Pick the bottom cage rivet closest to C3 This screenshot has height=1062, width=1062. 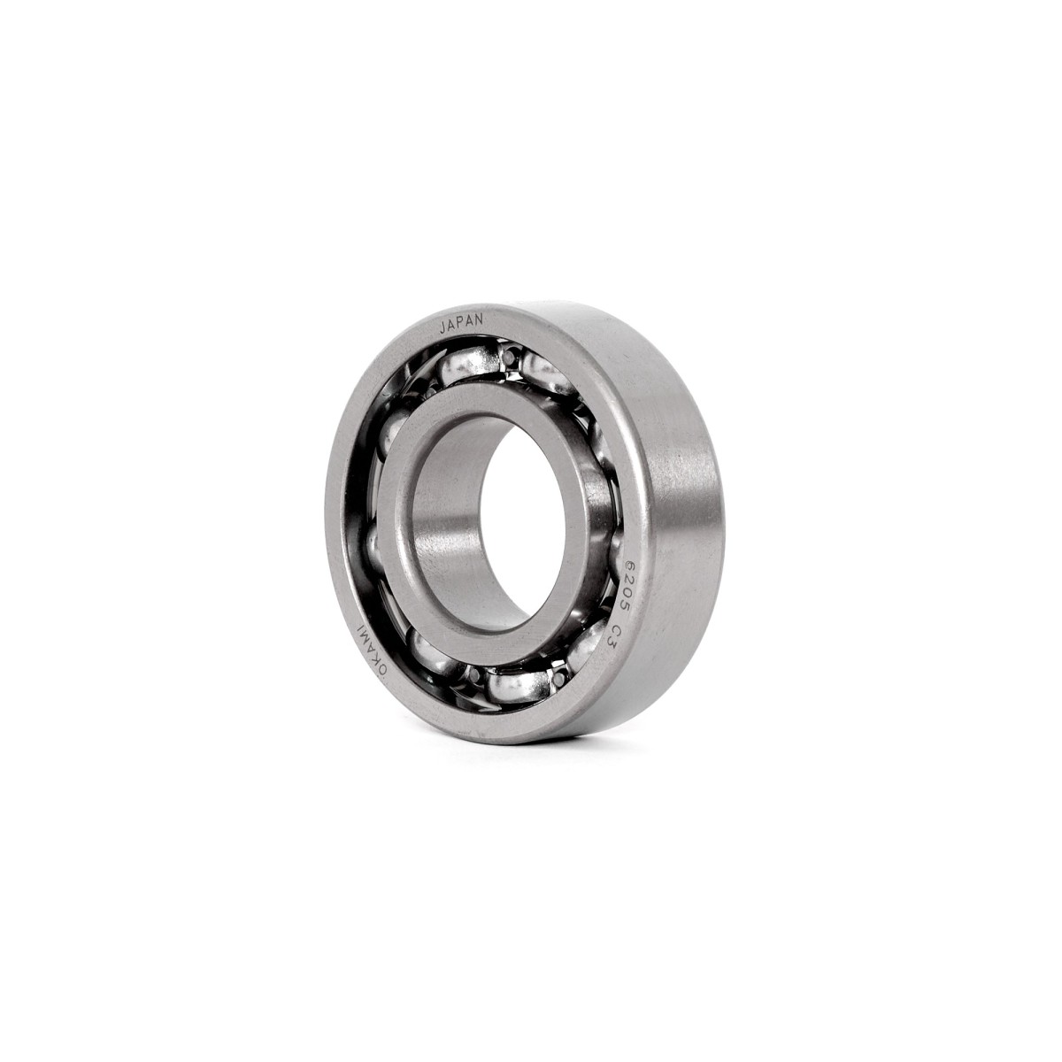[x=560, y=678]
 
